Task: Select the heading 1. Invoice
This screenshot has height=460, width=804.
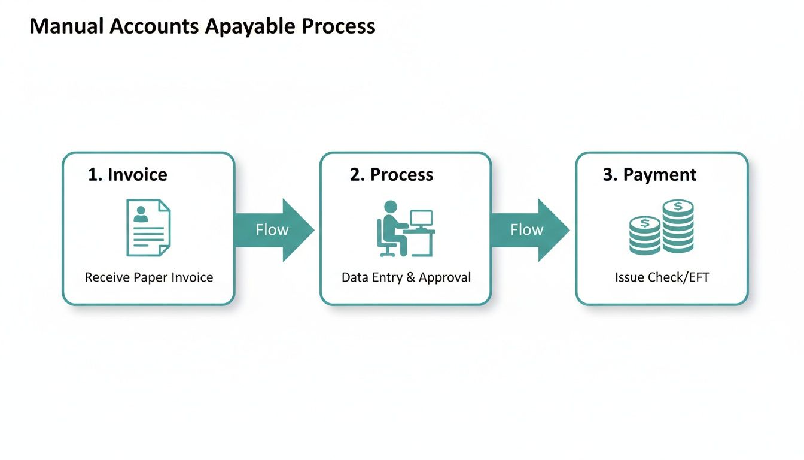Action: click(127, 174)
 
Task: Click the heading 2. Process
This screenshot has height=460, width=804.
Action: click(391, 174)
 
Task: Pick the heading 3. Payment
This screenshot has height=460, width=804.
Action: click(649, 174)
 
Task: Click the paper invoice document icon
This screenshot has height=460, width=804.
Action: click(148, 228)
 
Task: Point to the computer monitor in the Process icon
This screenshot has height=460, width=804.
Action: click(421, 219)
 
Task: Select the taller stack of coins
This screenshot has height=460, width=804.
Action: click(678, 227)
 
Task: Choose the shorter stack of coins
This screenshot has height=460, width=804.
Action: click(645, 236)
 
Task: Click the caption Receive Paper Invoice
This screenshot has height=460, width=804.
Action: click(148, 277)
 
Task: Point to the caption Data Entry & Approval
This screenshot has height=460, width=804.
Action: click(406, 277)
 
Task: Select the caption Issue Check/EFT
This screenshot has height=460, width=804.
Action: click(662, 277)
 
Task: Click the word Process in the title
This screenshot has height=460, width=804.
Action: click(338, 27)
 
